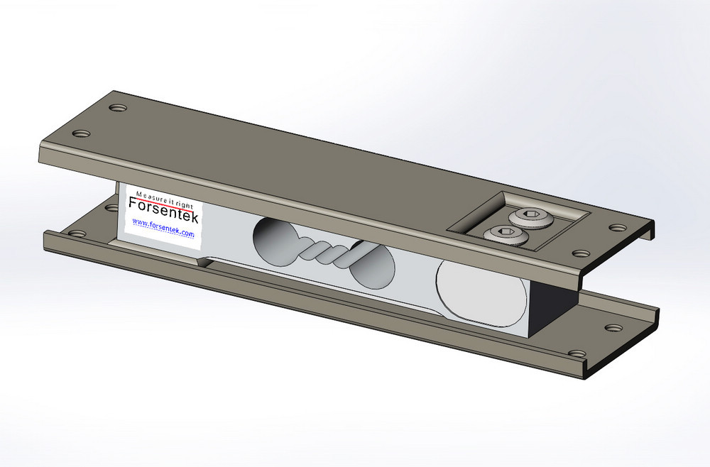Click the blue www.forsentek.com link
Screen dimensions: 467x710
pyautogui.click(x=163, y=224)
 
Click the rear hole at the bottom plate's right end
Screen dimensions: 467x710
pyautogui.click(x=613, y=329)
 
